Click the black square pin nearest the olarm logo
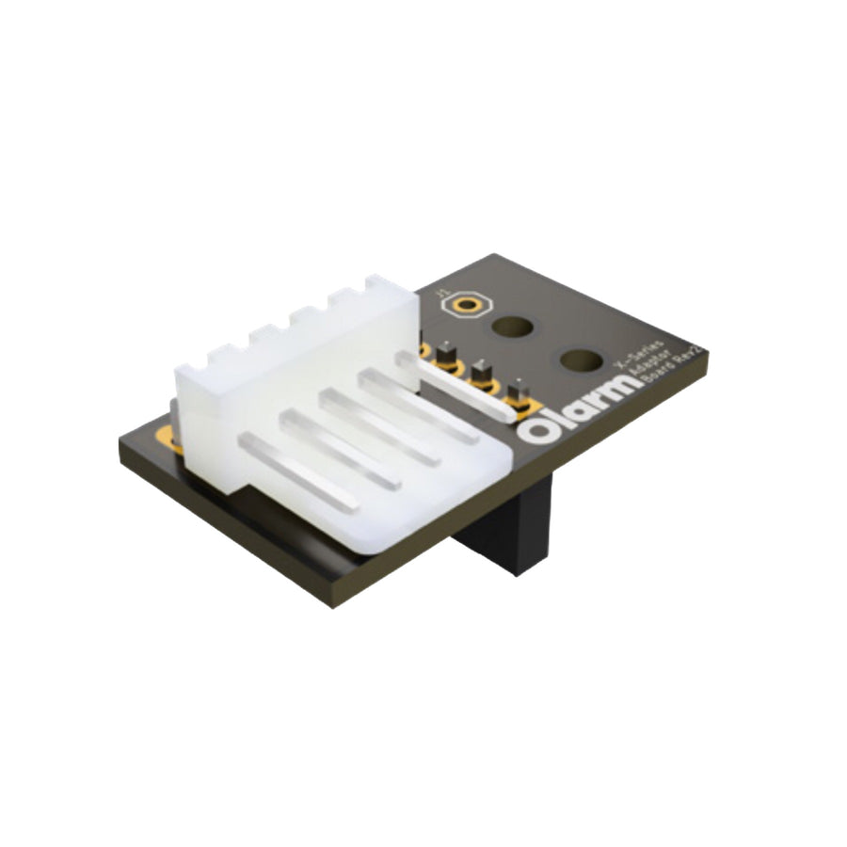pyautogui.click(x=516, y=393)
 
